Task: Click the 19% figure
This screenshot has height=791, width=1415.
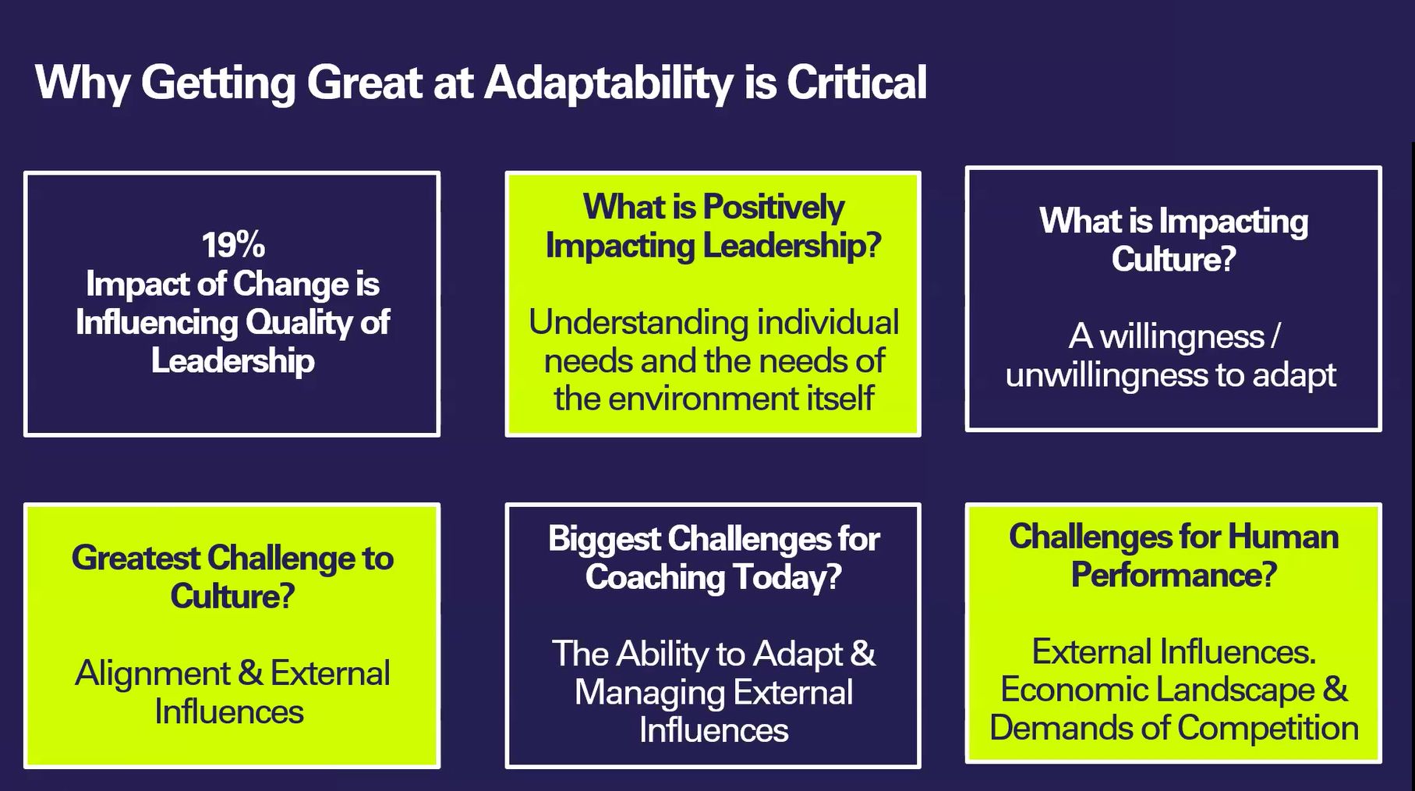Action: (233, 245)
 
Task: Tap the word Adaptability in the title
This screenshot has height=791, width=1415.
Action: (608, 83)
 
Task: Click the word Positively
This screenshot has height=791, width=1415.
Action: (773, 208)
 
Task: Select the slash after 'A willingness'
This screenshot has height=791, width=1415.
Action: (1275, 336)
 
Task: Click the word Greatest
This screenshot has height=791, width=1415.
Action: (136, 559)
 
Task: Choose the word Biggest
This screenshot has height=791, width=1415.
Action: (603, 540)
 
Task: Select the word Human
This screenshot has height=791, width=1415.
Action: (1282, 537)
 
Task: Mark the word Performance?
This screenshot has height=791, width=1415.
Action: (1173, 575)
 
